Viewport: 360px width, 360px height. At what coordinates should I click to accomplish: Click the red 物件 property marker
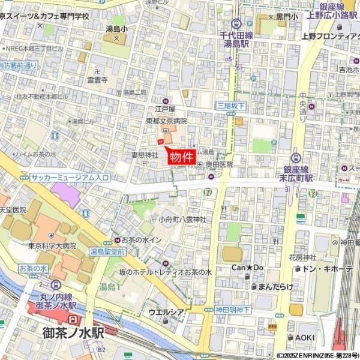pos(181,158)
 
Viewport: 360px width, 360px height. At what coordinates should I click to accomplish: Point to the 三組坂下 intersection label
pos(230,106)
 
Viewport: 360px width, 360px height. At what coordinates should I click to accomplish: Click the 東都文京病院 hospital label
pos(166,121)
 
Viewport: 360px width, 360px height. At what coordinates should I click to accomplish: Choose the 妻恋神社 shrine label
pos(143,155)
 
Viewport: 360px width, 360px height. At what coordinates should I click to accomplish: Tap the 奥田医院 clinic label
pos(218,164)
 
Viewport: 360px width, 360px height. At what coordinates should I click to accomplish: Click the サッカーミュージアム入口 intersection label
pos(70,178)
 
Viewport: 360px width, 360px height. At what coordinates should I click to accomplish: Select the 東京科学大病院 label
pos(52,245)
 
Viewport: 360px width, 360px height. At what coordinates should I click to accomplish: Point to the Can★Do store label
pos(248,267)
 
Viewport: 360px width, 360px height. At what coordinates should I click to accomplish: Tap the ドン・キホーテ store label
pos(328,268)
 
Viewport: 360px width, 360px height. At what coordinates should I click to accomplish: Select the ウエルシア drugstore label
pos(166,312)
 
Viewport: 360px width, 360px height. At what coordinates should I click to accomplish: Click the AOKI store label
pos(304,337)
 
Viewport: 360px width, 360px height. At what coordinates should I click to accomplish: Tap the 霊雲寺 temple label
pos(96,79)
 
